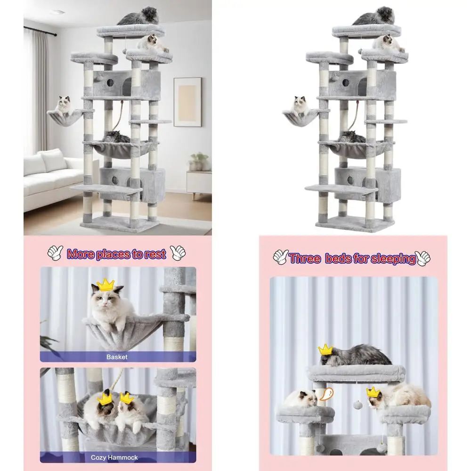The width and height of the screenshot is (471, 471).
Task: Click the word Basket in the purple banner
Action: pyautogui.click(x=117, y=357)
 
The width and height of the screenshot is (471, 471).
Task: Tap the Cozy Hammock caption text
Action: pyautogui.click(x=114, y=457)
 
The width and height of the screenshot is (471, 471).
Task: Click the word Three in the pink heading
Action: pyautogui.click(x=305, y=258)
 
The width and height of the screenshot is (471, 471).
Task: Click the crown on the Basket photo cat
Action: pyautogui.click(x=106, y=285)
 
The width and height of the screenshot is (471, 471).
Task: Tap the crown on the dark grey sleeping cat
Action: pyautogui.click(x=325, y=350)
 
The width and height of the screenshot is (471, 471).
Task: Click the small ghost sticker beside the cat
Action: pyautogui.click(x=326, y=394)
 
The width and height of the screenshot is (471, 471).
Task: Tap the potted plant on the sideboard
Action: pyautogui.click(x=198, y=162)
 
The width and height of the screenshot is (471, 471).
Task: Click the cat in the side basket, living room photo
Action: pyautogui.click(x=64, y=105)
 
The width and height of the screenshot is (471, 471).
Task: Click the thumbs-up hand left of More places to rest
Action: pyautogui.click(x=55, y=253)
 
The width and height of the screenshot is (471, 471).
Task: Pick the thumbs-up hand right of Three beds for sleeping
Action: pyautogui.click(x=423, y=258)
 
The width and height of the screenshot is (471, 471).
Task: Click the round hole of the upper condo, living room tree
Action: pyautogui.click(x=110, y=82)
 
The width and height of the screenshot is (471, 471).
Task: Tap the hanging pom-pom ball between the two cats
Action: pyautogui.click(x=357, y=405)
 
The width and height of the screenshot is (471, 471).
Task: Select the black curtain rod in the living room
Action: pyautogui.click(x=40, y=31)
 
